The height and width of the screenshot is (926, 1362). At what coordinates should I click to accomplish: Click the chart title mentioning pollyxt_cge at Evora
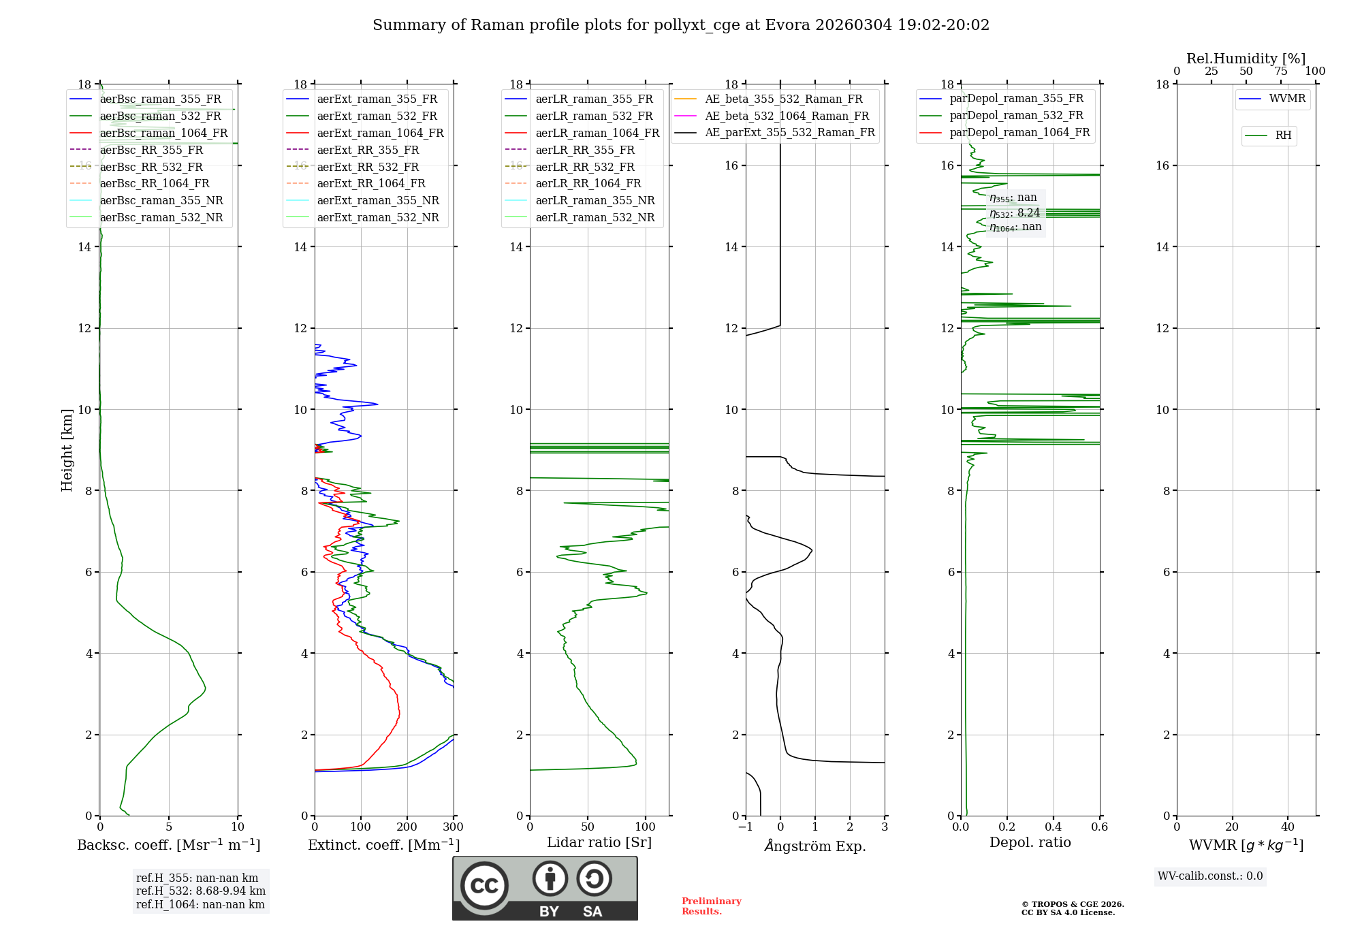(x=680, y=25)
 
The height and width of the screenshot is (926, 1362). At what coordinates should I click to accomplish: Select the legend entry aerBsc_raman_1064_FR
(x=163, y=133)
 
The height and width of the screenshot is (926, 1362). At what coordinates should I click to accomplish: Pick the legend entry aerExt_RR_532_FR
(x=368, y=167)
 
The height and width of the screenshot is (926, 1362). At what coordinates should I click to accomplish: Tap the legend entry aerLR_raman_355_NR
(x=595, y=200)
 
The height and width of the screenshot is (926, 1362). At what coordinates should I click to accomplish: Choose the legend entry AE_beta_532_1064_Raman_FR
(x=787, y=116)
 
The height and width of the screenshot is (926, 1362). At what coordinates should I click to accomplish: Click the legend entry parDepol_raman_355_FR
(x=1016, y=99)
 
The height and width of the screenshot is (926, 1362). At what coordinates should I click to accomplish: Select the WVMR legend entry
(x=1286, y=99)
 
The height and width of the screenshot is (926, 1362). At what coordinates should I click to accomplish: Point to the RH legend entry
(x=1283, y=135)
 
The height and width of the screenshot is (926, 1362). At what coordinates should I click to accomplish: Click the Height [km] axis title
(x=67, y=449)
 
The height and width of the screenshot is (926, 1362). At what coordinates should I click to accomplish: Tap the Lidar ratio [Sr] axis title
(x=599, y=842)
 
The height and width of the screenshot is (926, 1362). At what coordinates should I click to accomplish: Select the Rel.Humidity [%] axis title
(x=1246, y=59)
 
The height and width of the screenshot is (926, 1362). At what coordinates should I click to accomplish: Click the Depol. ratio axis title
(x=1030, y=842)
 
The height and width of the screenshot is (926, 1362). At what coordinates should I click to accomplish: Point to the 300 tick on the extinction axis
(x=453, y=827)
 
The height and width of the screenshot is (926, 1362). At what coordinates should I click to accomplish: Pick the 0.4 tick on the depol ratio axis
(x=1053, y=827)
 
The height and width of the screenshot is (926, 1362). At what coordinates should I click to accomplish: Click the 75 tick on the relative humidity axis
(x=1280, y=71)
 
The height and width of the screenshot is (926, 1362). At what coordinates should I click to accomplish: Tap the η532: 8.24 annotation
(x=1015, y=212)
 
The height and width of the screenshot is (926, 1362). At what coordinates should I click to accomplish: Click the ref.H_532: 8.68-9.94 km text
(x=200, y=891)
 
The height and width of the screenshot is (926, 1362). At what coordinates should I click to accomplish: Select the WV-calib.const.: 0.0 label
(x=1209, y=876)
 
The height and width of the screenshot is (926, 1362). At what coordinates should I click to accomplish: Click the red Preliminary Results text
(x=711, y=906)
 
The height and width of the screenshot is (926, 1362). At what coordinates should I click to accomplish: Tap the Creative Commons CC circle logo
(x=484, y=885)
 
